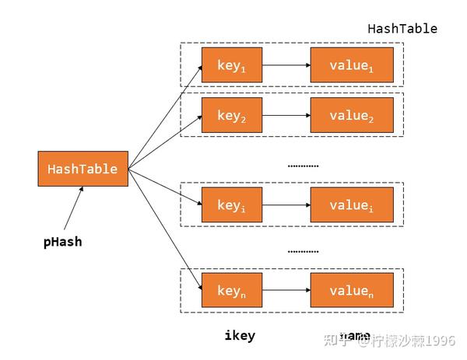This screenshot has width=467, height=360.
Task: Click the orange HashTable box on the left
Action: point(83,169)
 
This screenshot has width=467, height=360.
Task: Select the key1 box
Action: point(232,65)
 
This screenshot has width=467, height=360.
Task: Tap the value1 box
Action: point(352,65)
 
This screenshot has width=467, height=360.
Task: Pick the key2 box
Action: point(232,115)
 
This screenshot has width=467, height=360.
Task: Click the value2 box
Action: point(352,115)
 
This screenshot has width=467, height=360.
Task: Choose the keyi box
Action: point(232,205)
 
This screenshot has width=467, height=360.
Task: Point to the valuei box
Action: point(352,205)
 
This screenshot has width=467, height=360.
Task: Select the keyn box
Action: point(232,290)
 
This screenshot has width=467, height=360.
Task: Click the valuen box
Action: point(352,290)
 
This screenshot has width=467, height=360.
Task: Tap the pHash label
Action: point(62,242)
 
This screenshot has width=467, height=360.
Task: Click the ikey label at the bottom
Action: point(240,336)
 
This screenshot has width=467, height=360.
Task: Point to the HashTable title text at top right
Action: point(402,29)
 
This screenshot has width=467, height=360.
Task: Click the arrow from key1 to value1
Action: point(286,65)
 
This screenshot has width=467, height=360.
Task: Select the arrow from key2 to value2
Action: point(286,115)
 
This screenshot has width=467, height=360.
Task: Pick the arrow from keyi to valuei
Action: point(286,205)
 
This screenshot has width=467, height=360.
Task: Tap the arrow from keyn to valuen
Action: point(286,290)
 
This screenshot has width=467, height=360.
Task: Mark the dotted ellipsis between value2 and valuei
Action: point(303,165)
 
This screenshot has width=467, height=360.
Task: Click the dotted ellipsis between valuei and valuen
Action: point(303,251)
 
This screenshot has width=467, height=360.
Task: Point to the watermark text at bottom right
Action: point(395,340)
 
